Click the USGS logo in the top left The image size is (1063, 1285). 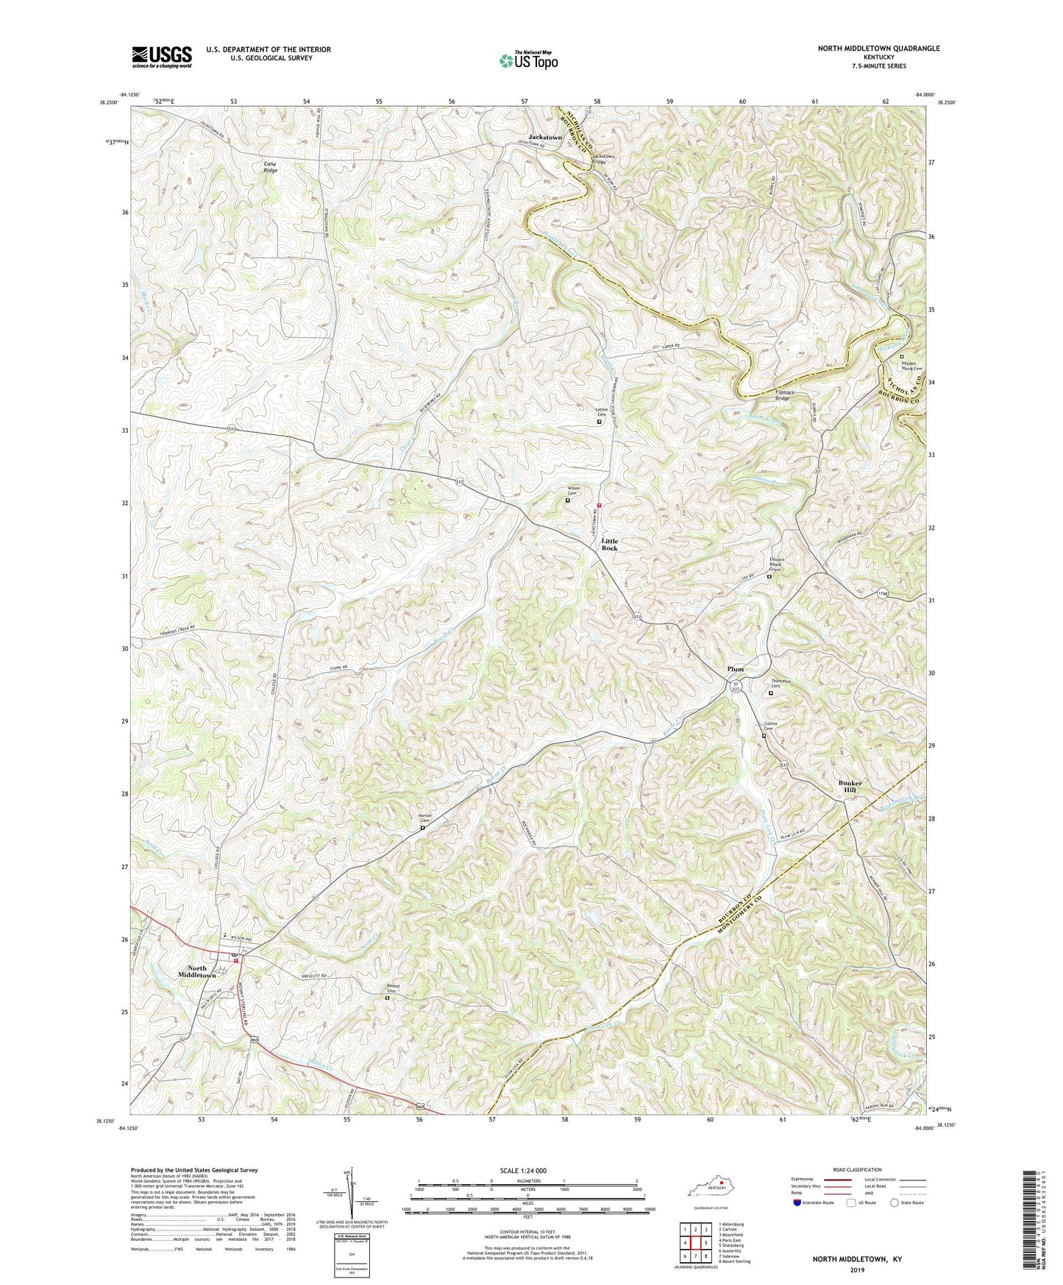point(162,56)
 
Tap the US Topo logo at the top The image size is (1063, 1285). point(527,60)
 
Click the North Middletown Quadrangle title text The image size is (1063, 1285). point(878,49)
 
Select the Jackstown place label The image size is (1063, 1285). point(544,138)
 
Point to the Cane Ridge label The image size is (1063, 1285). point(271,166)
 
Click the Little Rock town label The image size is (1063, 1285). point(610,544)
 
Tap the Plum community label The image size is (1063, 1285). point(735,669)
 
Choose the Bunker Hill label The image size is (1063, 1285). point(850,787)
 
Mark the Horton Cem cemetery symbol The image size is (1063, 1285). point(422,827)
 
